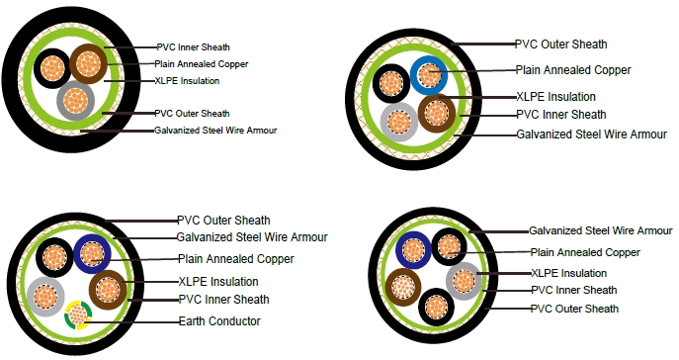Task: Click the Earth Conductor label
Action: [x=219, y=321]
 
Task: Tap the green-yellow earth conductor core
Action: [x=77, y=317]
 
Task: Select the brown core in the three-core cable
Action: [x=87, y=64]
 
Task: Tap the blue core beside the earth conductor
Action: [x=91, y=254]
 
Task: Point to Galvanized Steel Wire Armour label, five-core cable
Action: [x=600, y=230]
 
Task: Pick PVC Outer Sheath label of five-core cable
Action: [x=574, y=309]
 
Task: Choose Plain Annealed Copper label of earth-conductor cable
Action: [x=236, y=258]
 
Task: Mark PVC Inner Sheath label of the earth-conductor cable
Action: [x=222, y=299]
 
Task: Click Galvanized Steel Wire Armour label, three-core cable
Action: [x=213, y=130]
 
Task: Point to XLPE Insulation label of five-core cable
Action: [x=568, y=272]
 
